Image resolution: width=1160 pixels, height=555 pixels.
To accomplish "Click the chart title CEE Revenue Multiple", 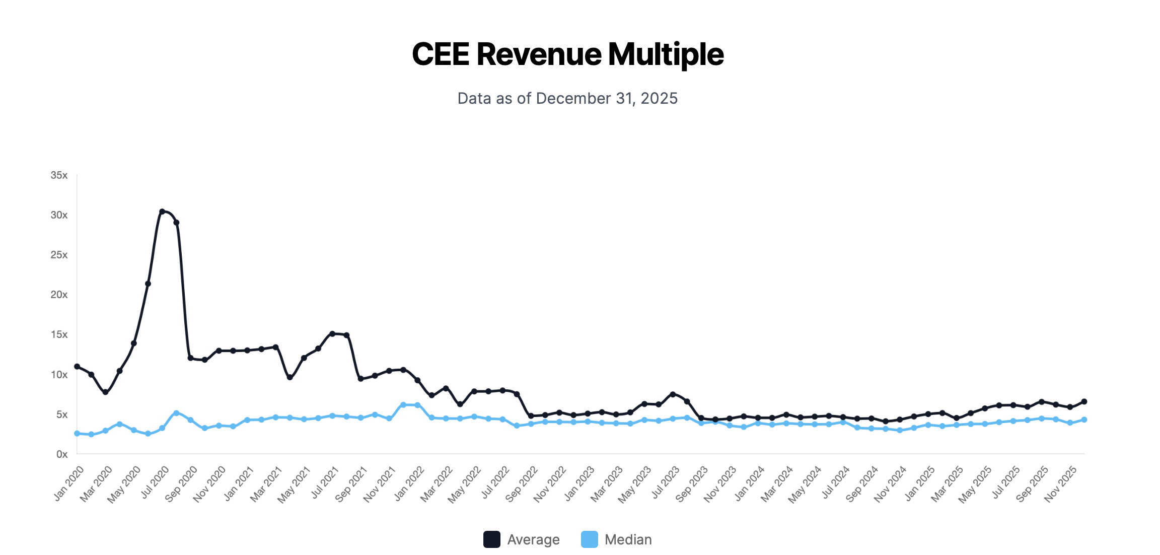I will click(567, 54).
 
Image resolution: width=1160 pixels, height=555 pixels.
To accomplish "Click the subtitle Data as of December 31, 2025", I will click(567, 98).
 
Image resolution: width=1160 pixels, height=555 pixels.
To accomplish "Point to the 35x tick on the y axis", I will click(59, 175).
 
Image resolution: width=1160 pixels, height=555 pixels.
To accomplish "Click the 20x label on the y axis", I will click(59, 295).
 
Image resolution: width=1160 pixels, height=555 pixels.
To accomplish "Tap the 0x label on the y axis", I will click(61, 454).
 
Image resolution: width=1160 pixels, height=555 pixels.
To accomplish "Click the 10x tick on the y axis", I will click(59, 375).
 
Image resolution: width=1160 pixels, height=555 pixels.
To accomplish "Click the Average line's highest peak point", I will click(162, 212).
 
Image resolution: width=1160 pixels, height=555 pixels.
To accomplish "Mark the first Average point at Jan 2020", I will click(77, 366).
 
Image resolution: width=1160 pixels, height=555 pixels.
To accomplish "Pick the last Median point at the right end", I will click(1084, 420).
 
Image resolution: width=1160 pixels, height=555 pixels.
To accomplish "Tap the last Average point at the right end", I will click(1084, 401).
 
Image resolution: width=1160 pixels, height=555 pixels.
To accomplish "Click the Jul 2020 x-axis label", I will click(155, 482).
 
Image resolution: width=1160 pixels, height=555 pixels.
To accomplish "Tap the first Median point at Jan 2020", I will click(77, 433).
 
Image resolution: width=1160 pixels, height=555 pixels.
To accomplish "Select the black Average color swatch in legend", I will click(491, 539).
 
